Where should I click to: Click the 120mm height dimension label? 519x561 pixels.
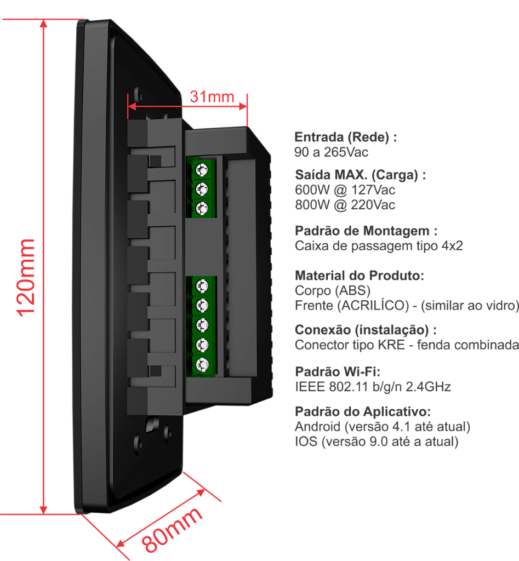click(x=26, y=277)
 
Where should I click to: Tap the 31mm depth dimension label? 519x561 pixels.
click(x=212, y=97)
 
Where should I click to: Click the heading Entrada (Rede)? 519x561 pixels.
click(x=345, y=138)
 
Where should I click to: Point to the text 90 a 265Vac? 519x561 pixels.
click(x=331, y=152)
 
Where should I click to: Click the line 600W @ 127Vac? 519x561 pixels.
click(x=345, y=191)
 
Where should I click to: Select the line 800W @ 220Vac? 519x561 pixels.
click(x=345, y=205)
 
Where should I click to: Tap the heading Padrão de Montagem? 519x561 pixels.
click(x=366, y=231)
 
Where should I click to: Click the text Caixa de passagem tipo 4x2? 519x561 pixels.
click(x=379, y=246)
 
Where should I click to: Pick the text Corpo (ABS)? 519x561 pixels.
click(x=333, y=290)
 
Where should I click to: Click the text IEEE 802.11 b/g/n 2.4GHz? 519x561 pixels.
click(x=373, y=387)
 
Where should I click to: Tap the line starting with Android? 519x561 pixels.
click(x=383, y=426)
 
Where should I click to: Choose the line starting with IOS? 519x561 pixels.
click(x=377, y=441)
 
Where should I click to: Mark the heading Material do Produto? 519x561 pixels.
click(x=360, y=275)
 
